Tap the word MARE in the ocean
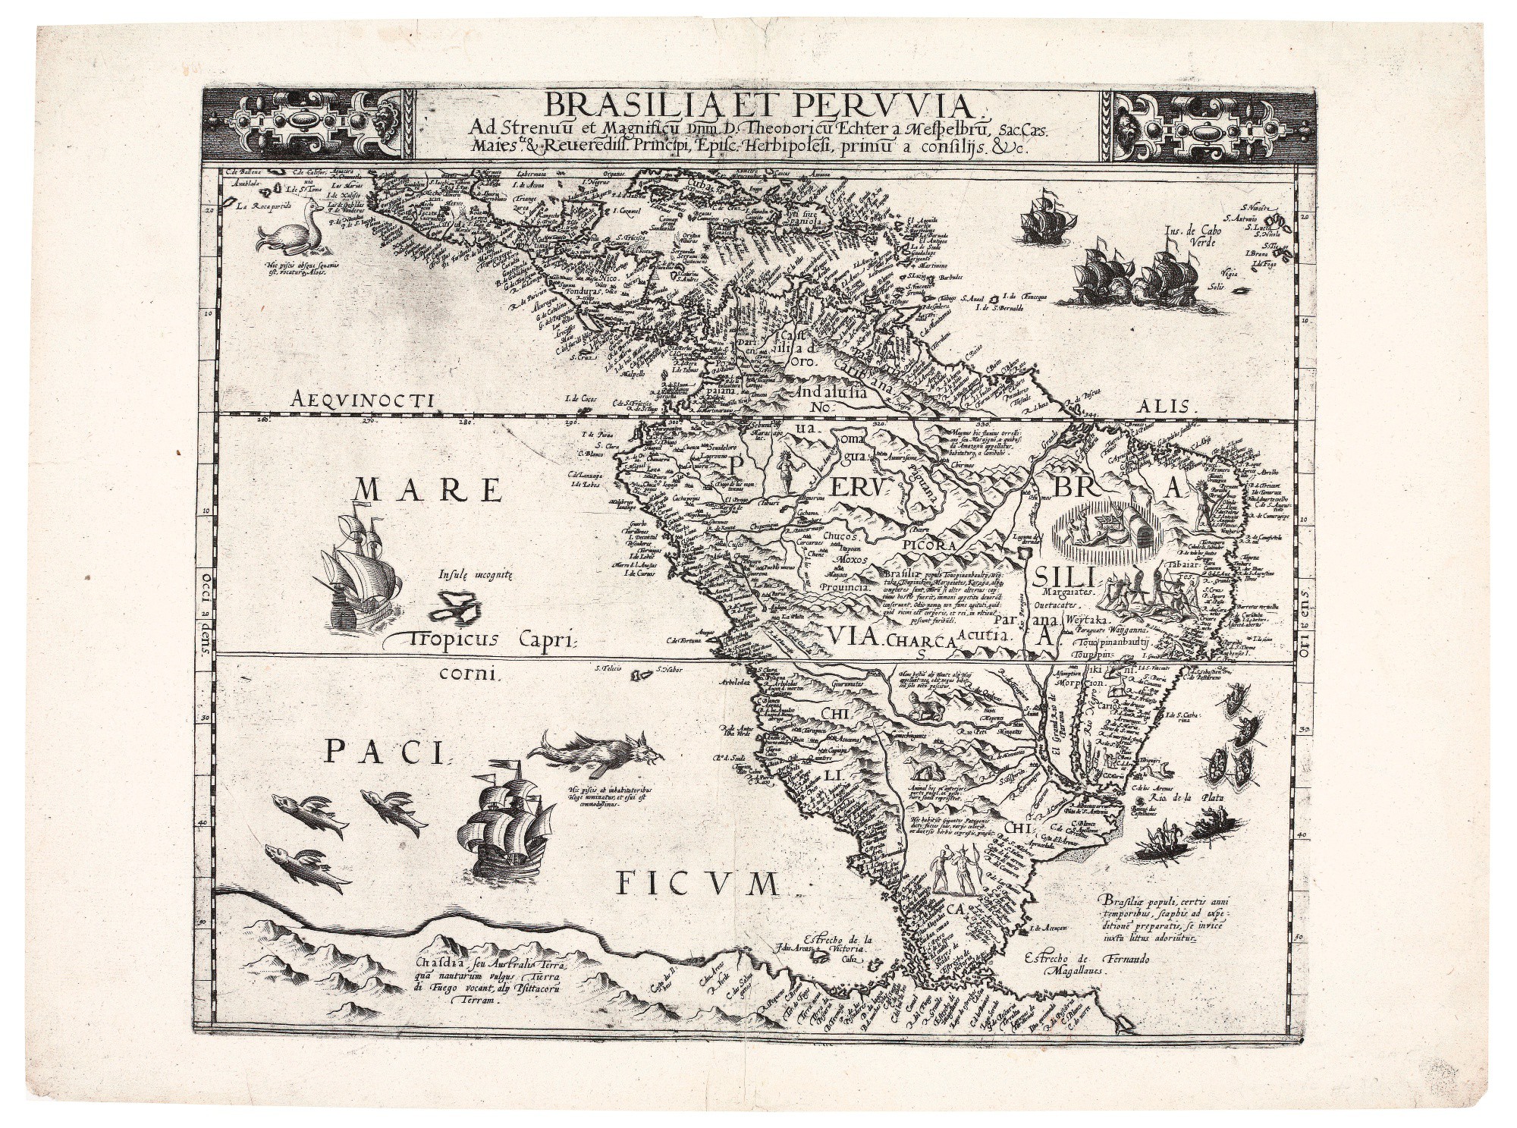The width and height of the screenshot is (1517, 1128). (429, 492)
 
